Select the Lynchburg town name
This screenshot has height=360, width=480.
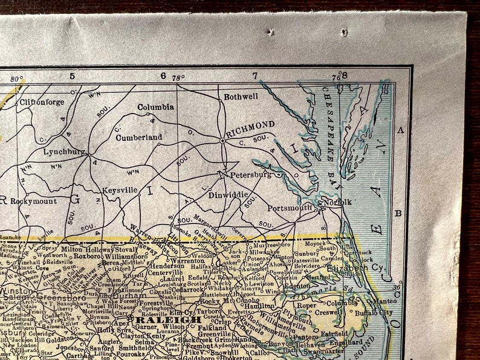point(64,152)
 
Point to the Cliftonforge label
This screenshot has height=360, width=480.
point(42,102)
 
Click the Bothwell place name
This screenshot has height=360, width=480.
point(241,96)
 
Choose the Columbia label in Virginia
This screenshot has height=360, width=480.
point(155,107)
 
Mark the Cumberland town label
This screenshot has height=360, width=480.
point(139,137)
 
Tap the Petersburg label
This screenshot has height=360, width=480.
point(250,175)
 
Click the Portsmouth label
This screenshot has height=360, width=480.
point(290,208)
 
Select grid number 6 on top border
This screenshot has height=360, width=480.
point(163,76)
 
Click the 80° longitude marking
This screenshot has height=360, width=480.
point(16,78)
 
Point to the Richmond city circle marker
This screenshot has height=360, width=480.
point(223,140)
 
